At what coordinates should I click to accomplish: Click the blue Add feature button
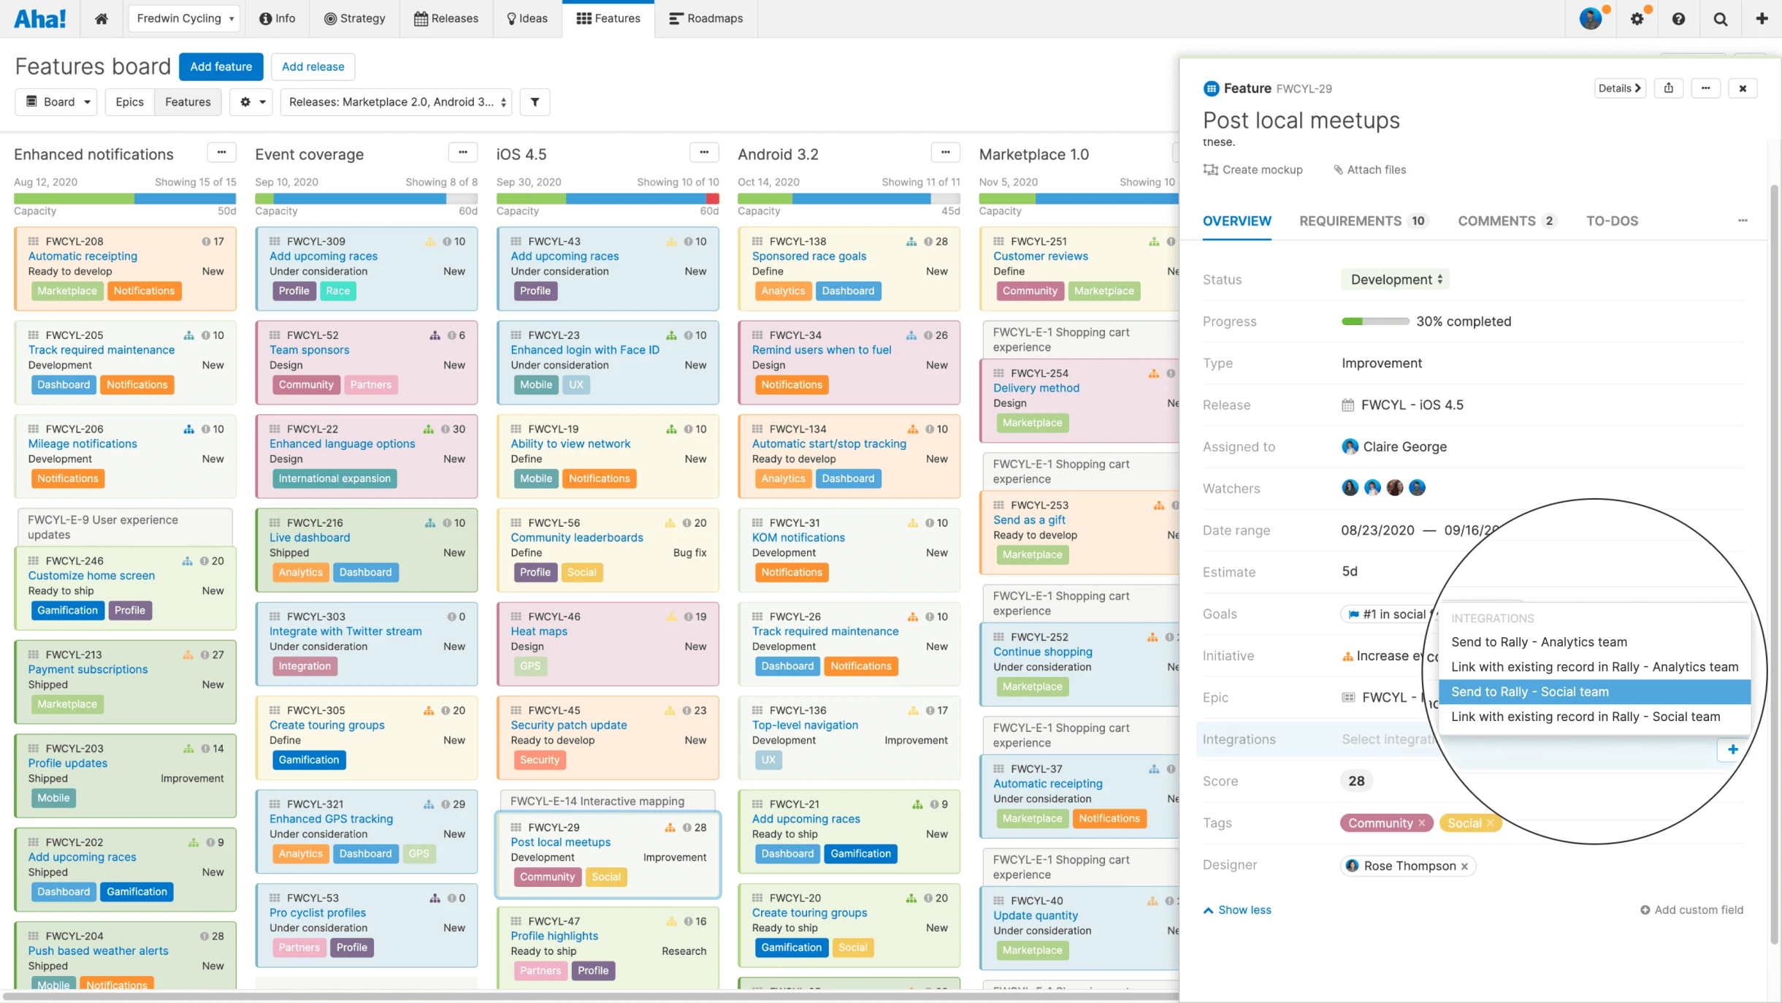(x=221, y=66)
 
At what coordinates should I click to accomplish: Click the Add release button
(x=313, y=66)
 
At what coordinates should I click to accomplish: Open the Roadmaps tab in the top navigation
(x=706, y=18)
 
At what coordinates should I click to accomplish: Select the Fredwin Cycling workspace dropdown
(x=185, y=18)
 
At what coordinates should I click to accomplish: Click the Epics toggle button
(x=129, y=102)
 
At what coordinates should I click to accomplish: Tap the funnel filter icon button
(x=535, y=102)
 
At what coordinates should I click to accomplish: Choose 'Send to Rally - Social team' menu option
(x=1529, y=692)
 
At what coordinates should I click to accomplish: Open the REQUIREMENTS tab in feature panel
(x=1350, y=221)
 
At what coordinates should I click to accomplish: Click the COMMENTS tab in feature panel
(x=1496, y=221)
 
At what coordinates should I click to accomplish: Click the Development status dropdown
(x=1395, y=279)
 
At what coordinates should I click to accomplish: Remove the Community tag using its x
(x=1421, y=823)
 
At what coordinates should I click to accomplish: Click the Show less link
(x=1244, y=909)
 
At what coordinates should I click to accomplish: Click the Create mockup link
(x=1261, y=169)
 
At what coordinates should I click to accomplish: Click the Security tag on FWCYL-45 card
(x=539, y=760)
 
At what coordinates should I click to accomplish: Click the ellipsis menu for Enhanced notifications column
(x=221, y=153)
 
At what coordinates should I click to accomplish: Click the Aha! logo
(x=40, y=18)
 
